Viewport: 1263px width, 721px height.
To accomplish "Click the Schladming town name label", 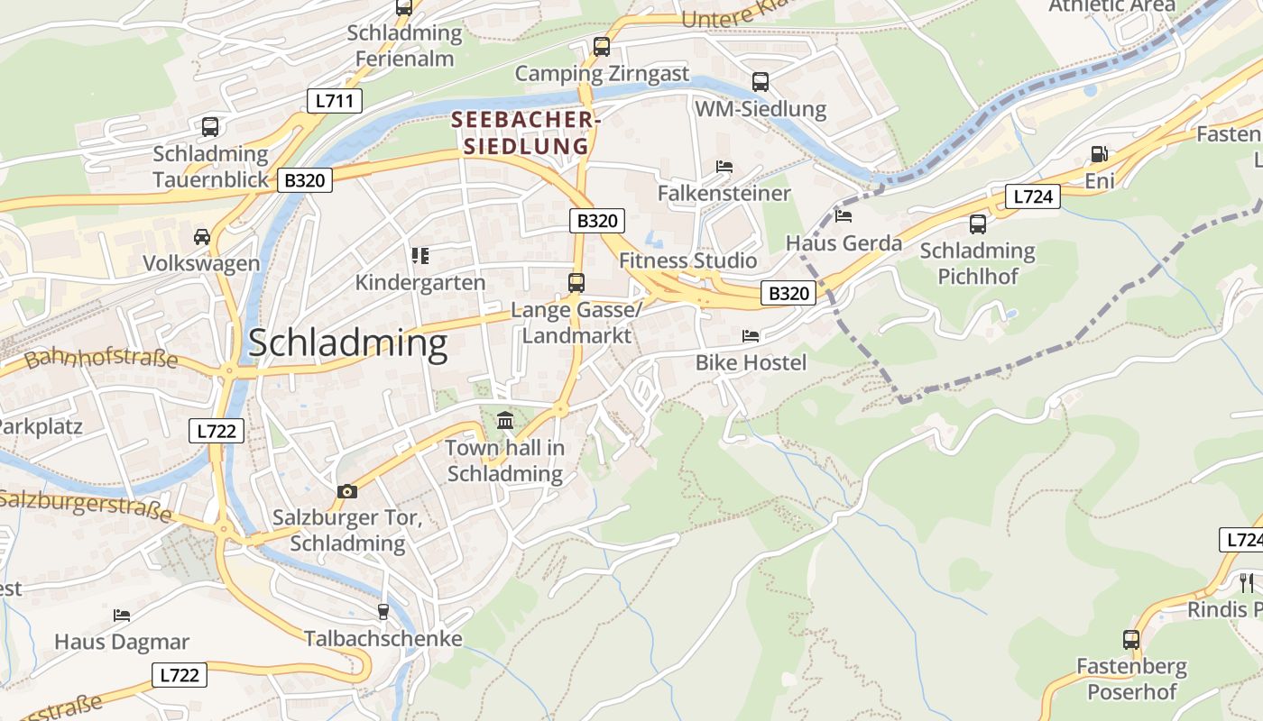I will coord(347,343).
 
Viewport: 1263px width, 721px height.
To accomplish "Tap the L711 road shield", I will coord(334,100).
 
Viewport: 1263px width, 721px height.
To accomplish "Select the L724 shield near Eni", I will coord(1032,196).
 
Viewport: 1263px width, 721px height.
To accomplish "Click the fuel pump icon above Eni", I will coord(1099,154).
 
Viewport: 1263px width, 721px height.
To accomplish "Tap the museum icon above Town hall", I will coord(505,420).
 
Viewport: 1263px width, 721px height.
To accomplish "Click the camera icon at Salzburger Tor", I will coord(347,491).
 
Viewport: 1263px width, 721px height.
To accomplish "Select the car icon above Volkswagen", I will coord(202,237).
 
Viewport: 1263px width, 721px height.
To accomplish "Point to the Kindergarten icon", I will coord(419,256).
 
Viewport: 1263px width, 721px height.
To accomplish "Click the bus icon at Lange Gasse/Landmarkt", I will coord(576,283).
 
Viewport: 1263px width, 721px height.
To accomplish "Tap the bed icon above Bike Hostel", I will coord(751,336).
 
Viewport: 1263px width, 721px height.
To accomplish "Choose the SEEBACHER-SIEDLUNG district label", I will coord(525,132).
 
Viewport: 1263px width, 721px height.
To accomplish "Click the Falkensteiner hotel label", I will coord(724,193).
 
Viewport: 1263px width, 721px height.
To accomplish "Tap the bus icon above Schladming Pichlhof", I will coord(978,224).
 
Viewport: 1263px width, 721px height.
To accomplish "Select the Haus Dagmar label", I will coord(122,642).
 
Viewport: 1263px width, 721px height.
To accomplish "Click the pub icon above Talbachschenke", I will coord(383,612).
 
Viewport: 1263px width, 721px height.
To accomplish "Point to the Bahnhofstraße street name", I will coord(101,359).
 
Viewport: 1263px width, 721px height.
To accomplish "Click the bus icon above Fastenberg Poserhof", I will coord(1131,640).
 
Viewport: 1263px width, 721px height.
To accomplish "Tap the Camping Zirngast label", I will coord(602,73).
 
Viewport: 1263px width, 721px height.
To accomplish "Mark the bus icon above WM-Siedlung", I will coord(761,82).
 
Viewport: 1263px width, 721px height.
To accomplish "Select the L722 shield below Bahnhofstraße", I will coord(217,431).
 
